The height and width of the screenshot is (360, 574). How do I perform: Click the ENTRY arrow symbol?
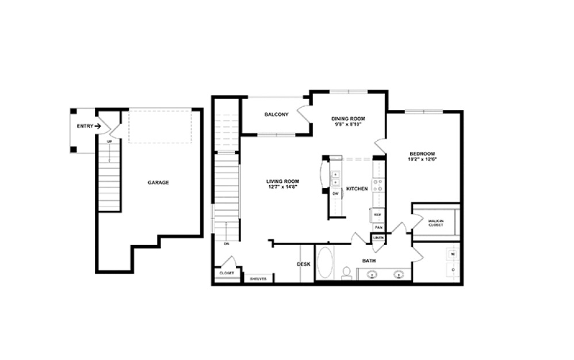click(98, 125)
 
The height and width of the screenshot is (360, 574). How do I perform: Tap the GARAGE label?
click(158, 182)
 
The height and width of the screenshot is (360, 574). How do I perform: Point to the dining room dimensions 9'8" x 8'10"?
click(348, 125)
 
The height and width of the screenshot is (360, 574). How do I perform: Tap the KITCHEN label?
click(357, 189)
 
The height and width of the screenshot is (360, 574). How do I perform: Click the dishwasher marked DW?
click(335, 194)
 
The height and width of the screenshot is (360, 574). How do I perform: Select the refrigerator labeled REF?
click(378, 215)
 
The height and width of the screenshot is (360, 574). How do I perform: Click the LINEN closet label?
click(378, 238)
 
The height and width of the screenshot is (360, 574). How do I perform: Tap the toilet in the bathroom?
click(346, 271)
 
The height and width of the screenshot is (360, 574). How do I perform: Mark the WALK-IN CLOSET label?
click(436, 221)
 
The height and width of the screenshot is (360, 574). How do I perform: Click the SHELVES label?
click(257, 279)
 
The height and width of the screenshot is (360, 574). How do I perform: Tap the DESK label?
click(304, 264)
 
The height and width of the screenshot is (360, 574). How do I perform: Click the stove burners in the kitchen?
click(378, 185)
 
